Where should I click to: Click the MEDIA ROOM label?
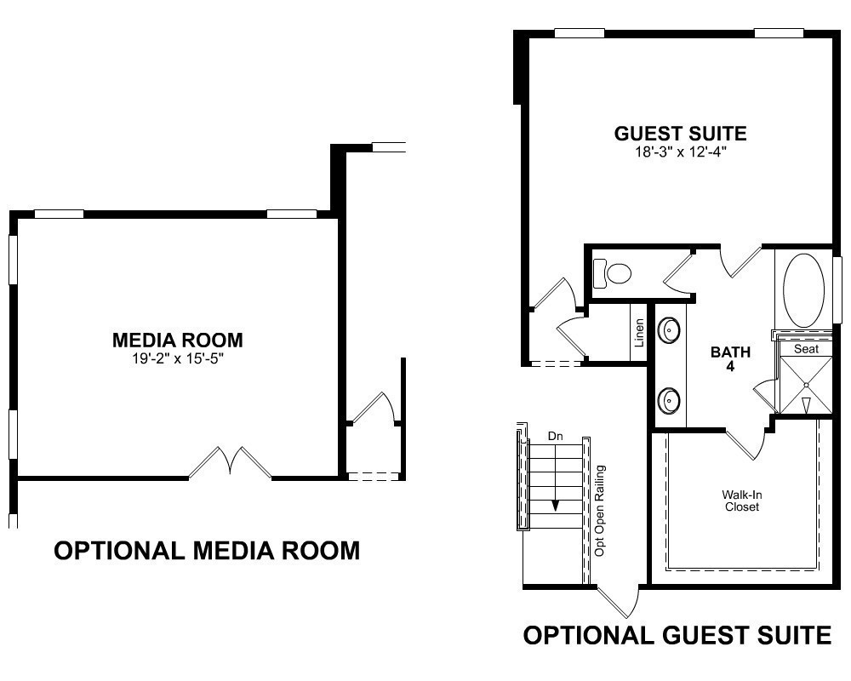(178, 340)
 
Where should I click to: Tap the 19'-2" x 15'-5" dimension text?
(178, 358)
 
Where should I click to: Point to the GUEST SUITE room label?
(681, 134)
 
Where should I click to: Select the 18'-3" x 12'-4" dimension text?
(681, 152)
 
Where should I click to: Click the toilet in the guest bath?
(612, 273)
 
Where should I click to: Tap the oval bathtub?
(804, 290)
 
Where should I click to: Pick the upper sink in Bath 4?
(669, 329)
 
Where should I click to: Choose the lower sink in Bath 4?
(669, 401)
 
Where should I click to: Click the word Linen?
(639, 333)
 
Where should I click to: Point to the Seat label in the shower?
(806, 349)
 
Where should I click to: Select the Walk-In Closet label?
(742, 501)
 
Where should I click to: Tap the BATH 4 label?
(730, 359)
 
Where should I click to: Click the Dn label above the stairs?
(555, 436)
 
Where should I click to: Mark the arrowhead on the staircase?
(555, 506)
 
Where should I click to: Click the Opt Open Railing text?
(600, 511)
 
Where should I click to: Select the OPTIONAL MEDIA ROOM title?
(207, 551)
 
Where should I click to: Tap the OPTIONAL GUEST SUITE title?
(677, 635)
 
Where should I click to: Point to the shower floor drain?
(807, 385)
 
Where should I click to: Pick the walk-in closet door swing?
(747, 443)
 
